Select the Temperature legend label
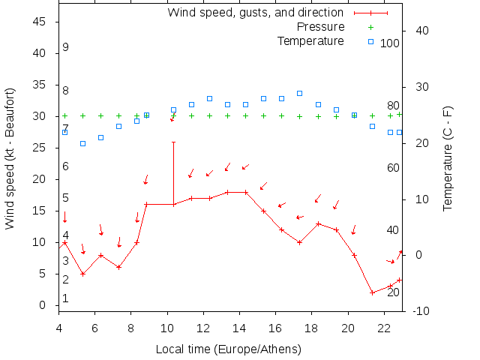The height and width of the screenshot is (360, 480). tap(310, 40)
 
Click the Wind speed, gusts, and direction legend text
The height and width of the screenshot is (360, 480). tap(255, 13)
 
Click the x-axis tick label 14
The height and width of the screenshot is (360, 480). tap(239, 328)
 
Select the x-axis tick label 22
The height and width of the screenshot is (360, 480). tap(384, 328)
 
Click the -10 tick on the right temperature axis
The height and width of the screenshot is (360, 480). tap(421, 311)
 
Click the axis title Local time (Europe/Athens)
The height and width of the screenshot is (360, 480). tap(228, 349)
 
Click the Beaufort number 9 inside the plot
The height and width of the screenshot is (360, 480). tap(66, 47)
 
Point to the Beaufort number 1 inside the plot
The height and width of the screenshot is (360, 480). tap(66, 298)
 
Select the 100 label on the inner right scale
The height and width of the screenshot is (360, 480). tap(390, 43)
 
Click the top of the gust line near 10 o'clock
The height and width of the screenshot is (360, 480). tap(173, 142)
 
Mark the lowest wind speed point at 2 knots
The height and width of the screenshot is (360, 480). tap(372, 292)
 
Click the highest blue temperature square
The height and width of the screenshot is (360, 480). tap(299, 93)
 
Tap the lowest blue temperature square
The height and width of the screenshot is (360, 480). tap(82, 143)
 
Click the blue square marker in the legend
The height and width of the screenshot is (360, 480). tap(370, 40)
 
